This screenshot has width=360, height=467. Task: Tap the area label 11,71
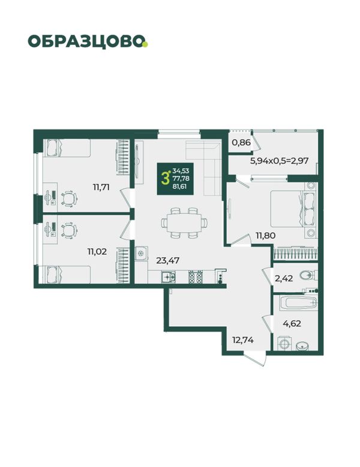tap(101, 187)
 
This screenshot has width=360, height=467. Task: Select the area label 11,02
tap(97, 252)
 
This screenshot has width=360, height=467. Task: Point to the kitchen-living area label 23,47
tap(168, 261)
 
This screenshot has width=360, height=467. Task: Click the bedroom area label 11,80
tap(266, 236)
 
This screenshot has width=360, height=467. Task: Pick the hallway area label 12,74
tap(243, 339)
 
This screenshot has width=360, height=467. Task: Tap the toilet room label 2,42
tap(284, 279)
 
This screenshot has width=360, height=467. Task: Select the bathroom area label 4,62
tap(292, 323)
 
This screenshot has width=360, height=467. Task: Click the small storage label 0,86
tap(241, 142)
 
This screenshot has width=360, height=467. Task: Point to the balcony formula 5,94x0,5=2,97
tap(279, 161)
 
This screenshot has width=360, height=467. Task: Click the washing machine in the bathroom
tap(285, 344)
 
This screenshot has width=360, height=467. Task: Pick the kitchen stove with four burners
tap(196, 277)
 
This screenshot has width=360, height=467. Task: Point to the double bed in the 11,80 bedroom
tap(292, 209)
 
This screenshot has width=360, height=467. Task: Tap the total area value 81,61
tap(180, 187)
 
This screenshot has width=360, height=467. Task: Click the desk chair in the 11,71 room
tap(69, 198)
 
